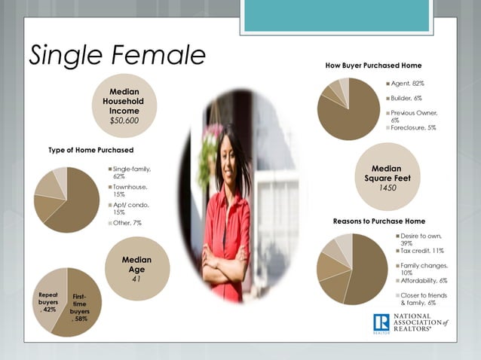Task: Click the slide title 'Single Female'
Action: click(x=117, y=54)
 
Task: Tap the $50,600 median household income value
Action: click(x=124, y=120)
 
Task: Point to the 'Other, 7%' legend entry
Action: click(x=126, y=223)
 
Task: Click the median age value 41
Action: click(x=136, y=278)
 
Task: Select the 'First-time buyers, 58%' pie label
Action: click(x=79, y=307)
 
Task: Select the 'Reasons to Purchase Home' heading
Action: click(x=379, y=221)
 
